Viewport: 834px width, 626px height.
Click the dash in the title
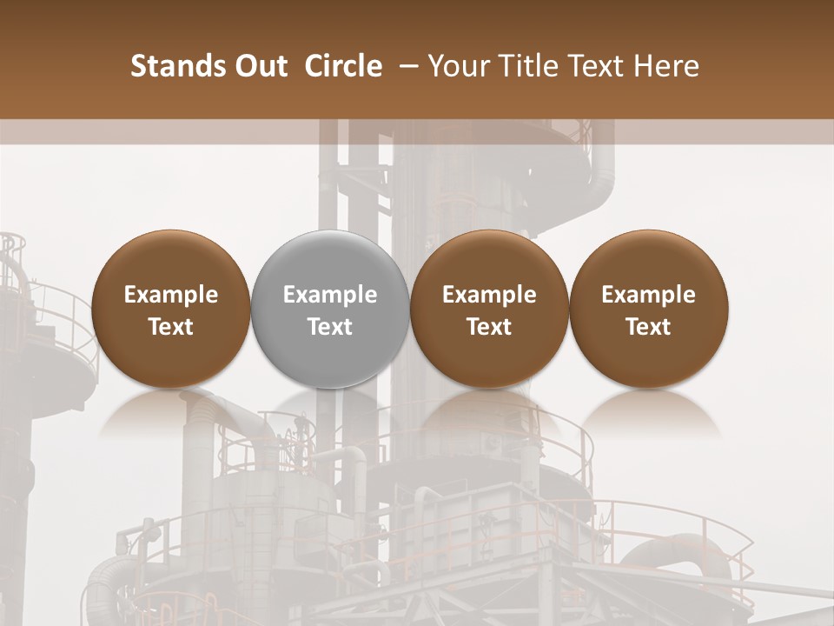pyautogui.click(x=405, y=66)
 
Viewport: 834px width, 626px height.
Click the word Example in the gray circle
pyautogui.click(x=330, y=295)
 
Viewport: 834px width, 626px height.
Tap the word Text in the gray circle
pyautogui.click(x=330, y=327)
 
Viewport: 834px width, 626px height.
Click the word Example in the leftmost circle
pyautogui.click(x=170, y=295)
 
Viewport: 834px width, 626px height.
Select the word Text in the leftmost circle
pyautogui.click(x=170, y=327)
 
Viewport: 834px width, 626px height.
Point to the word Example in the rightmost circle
pyautogui.click(x=648, y=295)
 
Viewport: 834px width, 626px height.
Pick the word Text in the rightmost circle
pyautogui.click(x=648, y=327)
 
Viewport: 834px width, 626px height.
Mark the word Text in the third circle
pyautogui.click(x=489, y=327)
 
